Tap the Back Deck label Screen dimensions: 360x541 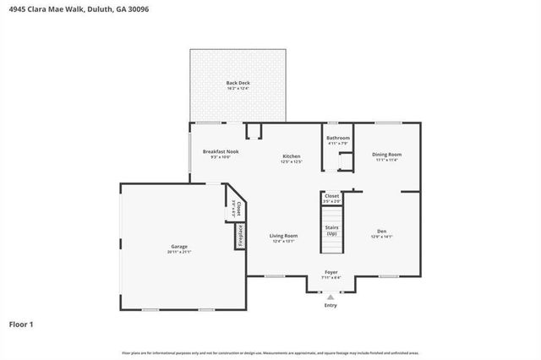click(x=238, y=83)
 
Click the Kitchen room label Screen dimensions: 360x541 click(x=292, y=156)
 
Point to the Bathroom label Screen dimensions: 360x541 click(x=338, y=138)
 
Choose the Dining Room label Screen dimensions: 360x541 click(x=386, y=155)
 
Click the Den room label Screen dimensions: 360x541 click(x=381, y=232)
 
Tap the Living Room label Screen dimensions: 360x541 click(x=284, y=236)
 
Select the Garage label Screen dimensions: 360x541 click(x=179, y=247)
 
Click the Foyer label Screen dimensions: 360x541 click(x=331, y=272)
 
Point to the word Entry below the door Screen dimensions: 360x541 click(x=331, y=305)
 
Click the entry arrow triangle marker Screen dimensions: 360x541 click(x=331, y=297)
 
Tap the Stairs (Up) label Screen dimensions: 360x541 click(x=331, y=230)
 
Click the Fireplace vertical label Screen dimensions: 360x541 click(x=240, y=236)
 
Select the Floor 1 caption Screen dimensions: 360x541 click(x=21, y=324)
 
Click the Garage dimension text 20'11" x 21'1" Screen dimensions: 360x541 click(x=179, y=252)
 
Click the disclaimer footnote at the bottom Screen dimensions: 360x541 click(x=270, y=352)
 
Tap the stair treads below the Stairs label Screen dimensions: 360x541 click(x=331, y=245)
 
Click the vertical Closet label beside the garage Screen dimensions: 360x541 click(x=240, y=208)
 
